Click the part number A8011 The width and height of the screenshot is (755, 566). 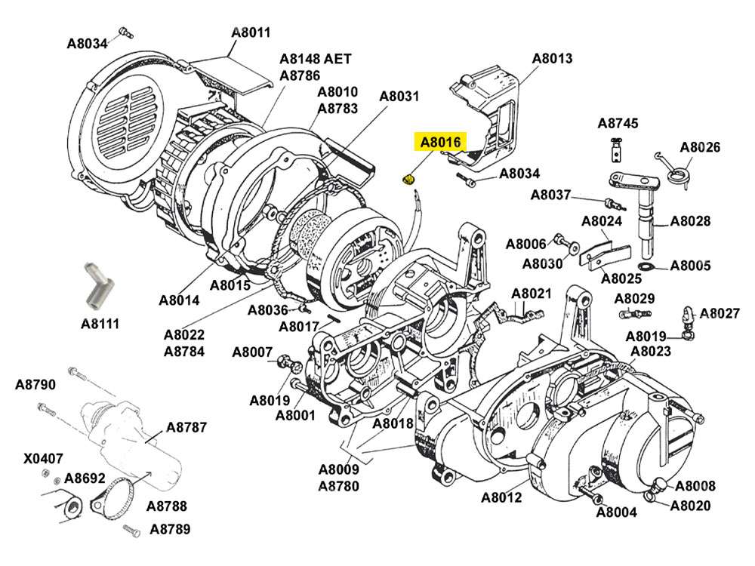(251, 32)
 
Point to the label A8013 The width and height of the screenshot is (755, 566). (553, 58)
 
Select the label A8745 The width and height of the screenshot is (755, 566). (618, 123)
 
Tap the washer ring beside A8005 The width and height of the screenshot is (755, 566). (646, 267)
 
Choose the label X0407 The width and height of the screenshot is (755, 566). (43, 458)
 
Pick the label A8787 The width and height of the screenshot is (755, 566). (186, 427)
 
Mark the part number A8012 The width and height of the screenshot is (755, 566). (501, 497)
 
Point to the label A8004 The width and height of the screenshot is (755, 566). (617, 512)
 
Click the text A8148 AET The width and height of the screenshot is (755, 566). (315, 59)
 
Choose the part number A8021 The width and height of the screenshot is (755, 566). (532, 294)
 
